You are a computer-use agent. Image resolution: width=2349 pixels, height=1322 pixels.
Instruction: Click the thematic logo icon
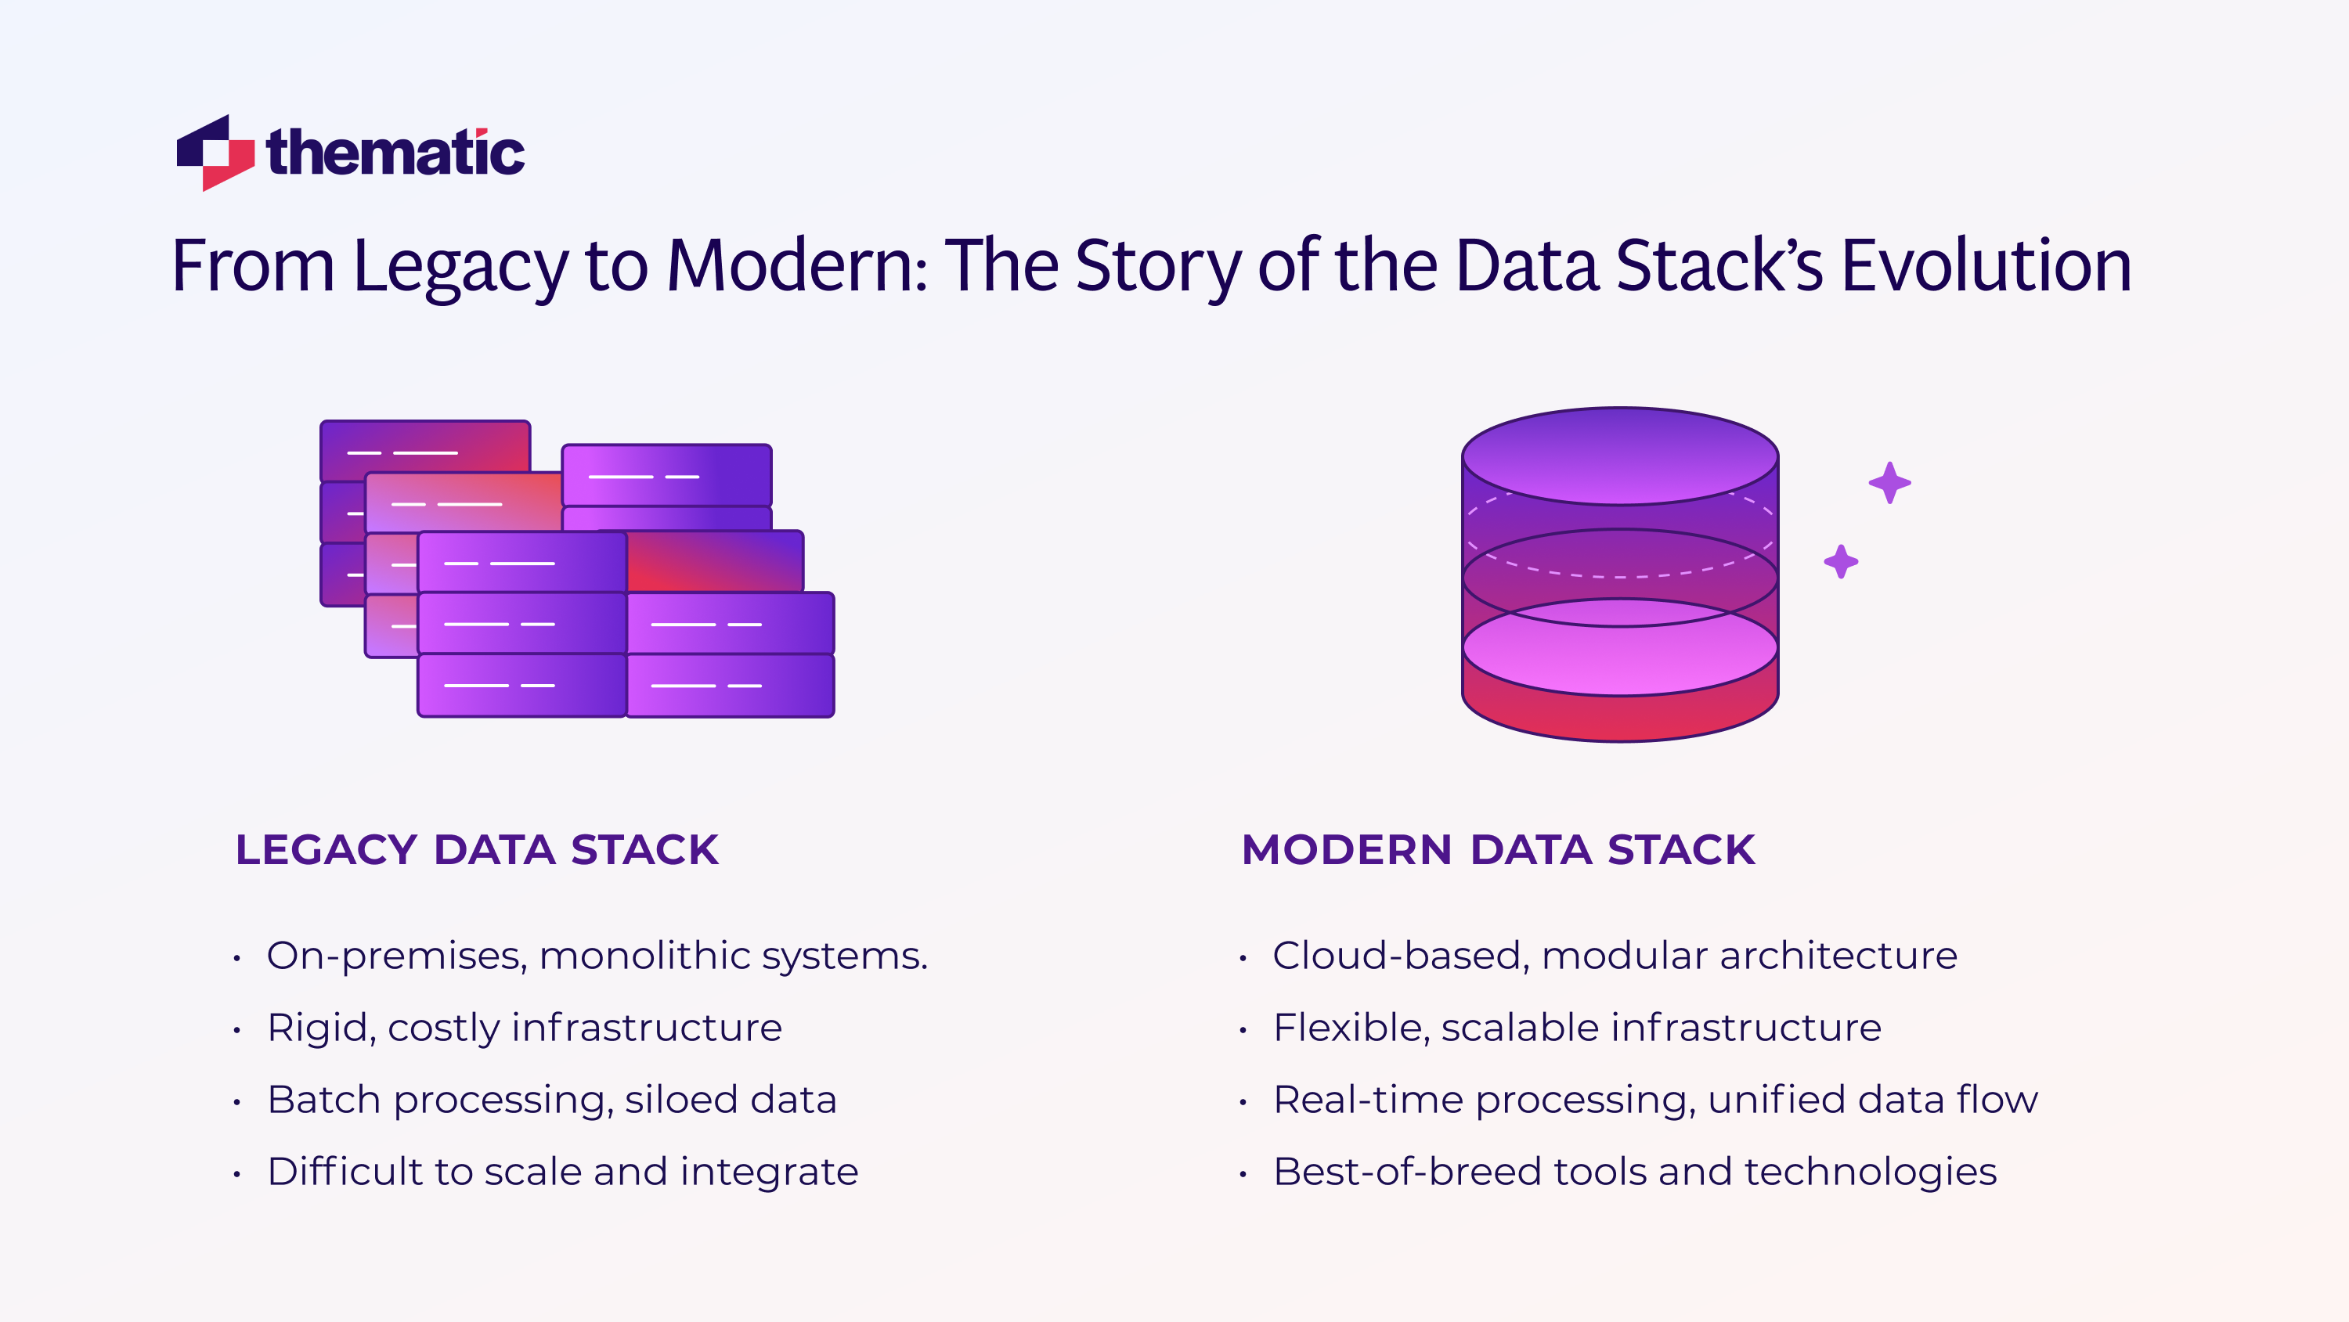(215, 153)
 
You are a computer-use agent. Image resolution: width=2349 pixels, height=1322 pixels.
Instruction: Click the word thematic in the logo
(395, 153)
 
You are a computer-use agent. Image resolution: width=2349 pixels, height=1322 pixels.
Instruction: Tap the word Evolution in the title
(1986, 265)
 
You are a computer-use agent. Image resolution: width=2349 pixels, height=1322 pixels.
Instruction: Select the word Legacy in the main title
(460, 265)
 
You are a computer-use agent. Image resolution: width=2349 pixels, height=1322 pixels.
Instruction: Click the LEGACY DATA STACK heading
(477, 850)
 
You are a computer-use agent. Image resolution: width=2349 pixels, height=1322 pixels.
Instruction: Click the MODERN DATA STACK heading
(1498, 850)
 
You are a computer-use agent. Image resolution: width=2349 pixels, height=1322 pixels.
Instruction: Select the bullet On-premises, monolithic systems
(597, 956)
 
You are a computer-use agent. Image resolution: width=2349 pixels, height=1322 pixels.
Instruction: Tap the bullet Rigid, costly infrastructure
(525, 1028)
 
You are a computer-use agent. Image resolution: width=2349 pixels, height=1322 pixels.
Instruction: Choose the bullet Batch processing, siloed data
(552, 1100)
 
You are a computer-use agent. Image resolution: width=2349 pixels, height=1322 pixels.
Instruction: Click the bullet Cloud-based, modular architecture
(1615, 956)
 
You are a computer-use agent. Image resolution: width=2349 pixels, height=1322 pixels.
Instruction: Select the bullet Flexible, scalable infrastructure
(1577, 1028)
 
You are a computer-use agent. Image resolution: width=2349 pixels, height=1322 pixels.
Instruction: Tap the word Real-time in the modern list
(1368, 1100)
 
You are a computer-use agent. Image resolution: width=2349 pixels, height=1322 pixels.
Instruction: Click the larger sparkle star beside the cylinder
(1889, 482)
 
